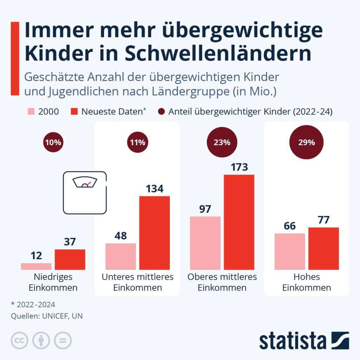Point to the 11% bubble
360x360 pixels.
(x=137, y=143)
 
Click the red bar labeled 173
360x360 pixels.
(x=239, y=222)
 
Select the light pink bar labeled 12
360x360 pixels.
(x=36, y=266)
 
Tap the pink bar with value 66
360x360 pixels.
(x=290, y=251)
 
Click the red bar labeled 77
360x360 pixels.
(x=324, y=249)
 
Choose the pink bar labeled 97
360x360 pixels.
(x=205, y=243)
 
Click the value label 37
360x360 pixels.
(x=70, y=242)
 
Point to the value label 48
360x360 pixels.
(x=121, y=236)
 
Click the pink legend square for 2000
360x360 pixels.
(x=31, y=112)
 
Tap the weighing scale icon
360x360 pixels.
(x=85, y=192)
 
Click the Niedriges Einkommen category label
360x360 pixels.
(x=53, y=282)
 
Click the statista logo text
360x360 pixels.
(x=293, y=341)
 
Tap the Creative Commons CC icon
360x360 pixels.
(x=20, y=341)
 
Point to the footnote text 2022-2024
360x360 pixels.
(x=33, y=304)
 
